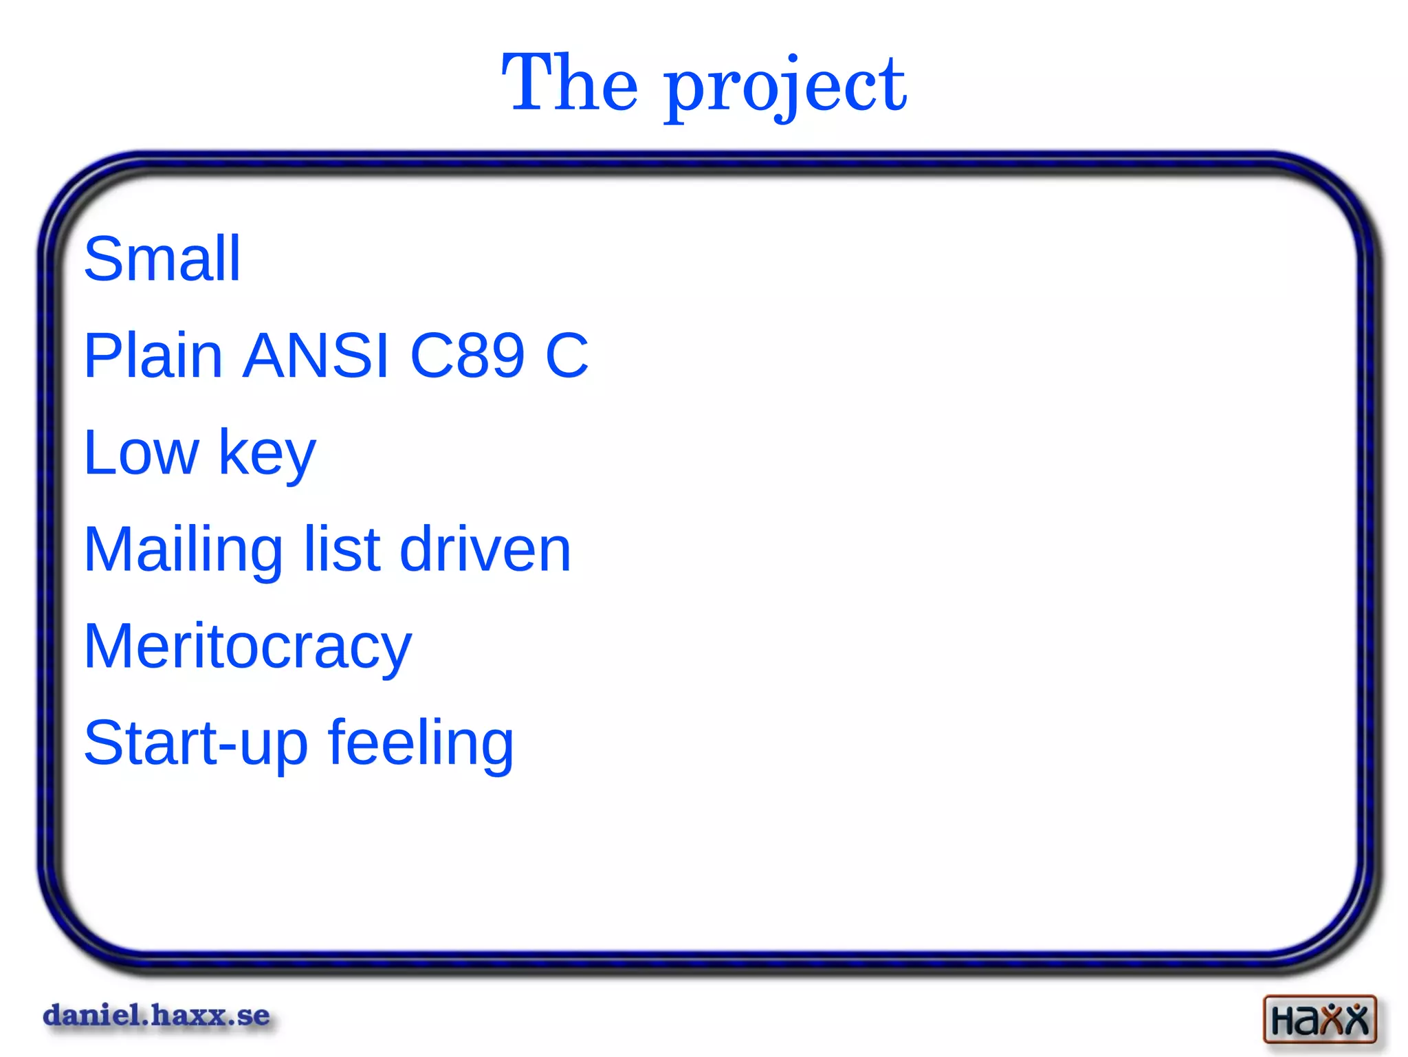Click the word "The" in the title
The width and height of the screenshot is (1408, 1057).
click(570, 84)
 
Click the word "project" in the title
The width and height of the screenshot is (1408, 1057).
click(785, 88)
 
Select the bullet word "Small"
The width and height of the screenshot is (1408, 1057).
click(162, 259)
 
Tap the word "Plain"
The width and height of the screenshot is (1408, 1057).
click(153, 356)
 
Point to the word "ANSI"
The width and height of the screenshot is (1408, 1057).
click(316, 356)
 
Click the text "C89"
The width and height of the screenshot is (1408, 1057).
click(467, 356)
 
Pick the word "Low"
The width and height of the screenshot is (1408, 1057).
click(141, 453)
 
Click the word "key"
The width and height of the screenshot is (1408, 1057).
click(267, 455)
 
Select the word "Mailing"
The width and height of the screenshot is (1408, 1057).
click(183, 551)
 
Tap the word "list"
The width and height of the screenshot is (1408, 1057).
click(342, 549)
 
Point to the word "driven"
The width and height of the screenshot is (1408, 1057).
click(485, 549)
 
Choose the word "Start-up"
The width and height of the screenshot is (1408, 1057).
click(195, 745)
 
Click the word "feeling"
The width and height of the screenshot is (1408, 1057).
click(421, 745)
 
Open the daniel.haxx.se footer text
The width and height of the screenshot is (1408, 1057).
click(157, 1016)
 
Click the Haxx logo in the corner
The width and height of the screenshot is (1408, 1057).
click(1319, 1019)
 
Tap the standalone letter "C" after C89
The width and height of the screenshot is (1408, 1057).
click(567, 356)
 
